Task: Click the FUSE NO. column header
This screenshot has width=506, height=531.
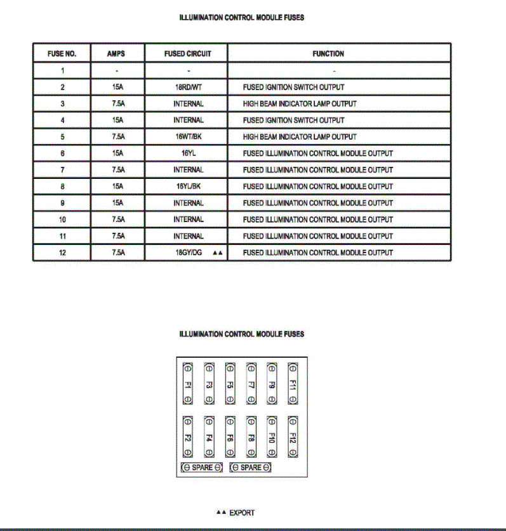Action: coord(62,54)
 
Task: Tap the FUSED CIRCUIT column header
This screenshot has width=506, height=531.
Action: coord(187,54)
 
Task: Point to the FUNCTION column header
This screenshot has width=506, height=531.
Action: coord(328,54)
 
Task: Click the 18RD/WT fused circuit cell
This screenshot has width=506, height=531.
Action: coord(188,87)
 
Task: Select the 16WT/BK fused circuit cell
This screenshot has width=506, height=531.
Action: coord(188,136)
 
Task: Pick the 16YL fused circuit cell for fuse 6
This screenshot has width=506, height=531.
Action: coord(188,153)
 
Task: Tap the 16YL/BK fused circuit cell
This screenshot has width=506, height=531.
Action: coord(188,187)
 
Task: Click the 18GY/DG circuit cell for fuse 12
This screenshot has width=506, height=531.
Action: coord(188,252)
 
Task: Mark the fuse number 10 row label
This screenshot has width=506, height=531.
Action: coord(62,220)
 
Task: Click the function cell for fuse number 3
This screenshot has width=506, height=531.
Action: coord(300,103)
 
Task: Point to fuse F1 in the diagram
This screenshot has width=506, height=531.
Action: coord(188,383)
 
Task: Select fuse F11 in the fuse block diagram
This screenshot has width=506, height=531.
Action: coord(293,383)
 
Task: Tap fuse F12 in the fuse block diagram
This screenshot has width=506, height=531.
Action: coord(293,436)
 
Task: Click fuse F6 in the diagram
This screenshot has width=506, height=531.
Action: coord(230,436)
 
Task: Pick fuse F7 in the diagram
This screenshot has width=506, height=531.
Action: coord(251,383)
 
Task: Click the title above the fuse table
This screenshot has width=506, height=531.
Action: coord(242,18)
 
